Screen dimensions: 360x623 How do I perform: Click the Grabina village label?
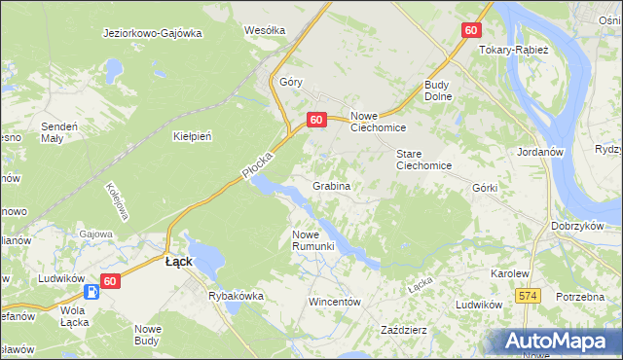click(x=331, y=185)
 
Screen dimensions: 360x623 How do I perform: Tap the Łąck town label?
click(x=178, y=262)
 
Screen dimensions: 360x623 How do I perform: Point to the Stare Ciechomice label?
click(x=423, y=160)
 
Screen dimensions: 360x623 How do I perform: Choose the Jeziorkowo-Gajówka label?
click(x=152, y=33)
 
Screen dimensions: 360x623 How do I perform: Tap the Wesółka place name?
click(x=265, y=30)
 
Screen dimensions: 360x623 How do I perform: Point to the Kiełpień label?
click(x=192, y=136)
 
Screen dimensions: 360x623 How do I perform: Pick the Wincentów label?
click(x=335, y=302)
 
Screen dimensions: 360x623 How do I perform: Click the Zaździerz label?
click(x=404, y=330)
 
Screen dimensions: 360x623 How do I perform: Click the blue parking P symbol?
click(x=91, y=291)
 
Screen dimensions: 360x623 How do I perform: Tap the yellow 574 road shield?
click(x=529, y=295)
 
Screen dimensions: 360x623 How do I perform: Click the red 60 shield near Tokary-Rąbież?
click(x=471, y=30)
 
